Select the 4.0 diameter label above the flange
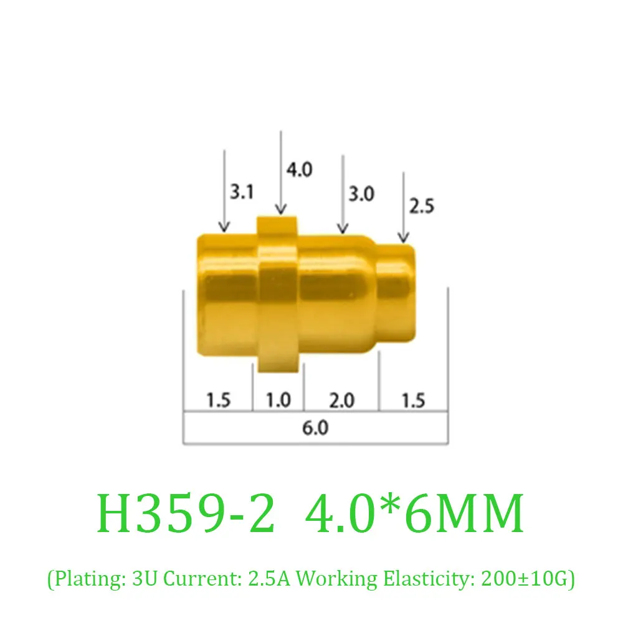coord(299,169)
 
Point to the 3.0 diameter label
coord(361,194)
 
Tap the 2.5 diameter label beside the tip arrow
coord(421,206)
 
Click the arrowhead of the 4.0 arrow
coord(280,211)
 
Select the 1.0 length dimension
coord(278,399)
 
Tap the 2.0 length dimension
coord(341,399)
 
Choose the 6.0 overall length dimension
coord(315,429)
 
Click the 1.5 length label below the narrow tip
coord(413,399)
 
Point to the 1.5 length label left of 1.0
coord(217,399)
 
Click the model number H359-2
coord(186,515)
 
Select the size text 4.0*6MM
coord(414,515)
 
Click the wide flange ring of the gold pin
coord(280,293)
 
